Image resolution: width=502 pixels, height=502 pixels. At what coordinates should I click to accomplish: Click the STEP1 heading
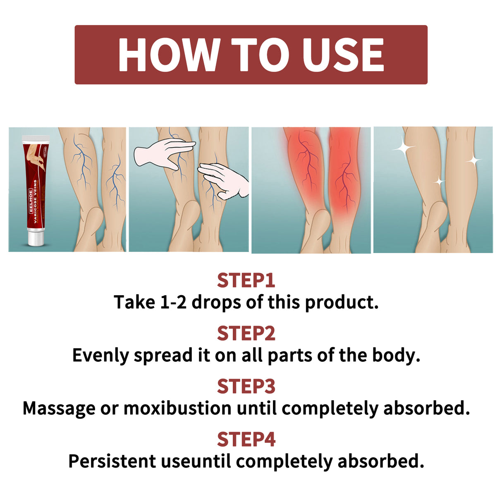[x=246, y=280]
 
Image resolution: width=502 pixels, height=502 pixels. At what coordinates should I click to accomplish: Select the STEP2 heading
[x=246, y=333]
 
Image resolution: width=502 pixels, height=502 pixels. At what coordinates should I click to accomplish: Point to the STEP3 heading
[x=246, y=386]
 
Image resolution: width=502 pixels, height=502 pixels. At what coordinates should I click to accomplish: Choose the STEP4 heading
[x=246, y=439]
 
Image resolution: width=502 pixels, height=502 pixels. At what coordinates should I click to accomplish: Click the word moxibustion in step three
[x=177, y=408]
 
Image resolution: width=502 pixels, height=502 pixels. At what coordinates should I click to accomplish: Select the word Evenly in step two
[x=100, y=356]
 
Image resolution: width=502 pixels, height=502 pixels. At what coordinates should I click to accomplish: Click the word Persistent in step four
[x=112, y=461]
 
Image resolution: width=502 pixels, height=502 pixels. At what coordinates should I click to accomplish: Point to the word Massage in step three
[x=59, y=409]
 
